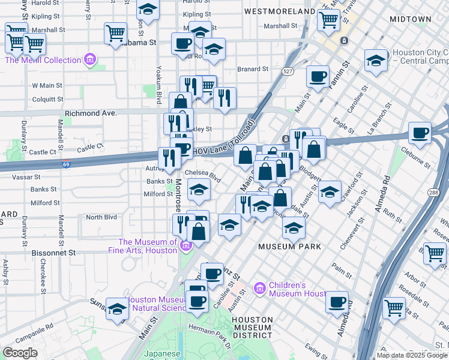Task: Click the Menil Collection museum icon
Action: coord(89,60)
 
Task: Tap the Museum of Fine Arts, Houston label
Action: coord(147,247)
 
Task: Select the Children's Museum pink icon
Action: coord(259,289)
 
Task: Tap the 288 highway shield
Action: coord(434,192)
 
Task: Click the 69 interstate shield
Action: coord(65,164)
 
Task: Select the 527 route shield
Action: coord(289,72)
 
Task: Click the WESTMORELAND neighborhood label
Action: coord(280,11)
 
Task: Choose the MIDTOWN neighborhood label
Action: coord(410,19)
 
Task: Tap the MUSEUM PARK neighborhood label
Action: coord(289,247)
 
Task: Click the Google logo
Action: coord(20,353)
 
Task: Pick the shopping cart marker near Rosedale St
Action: coord(394,307)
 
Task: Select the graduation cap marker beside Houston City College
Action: coord(376,60)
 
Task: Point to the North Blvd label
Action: coord(101,217)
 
